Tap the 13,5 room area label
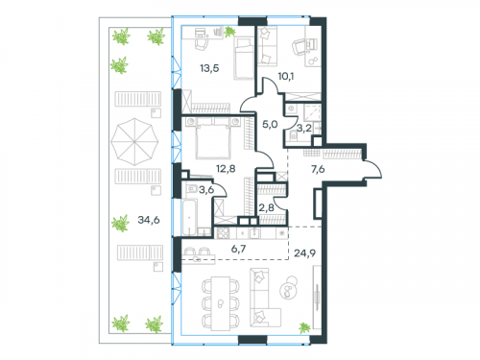210,67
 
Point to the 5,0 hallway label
270,124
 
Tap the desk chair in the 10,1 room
308,44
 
